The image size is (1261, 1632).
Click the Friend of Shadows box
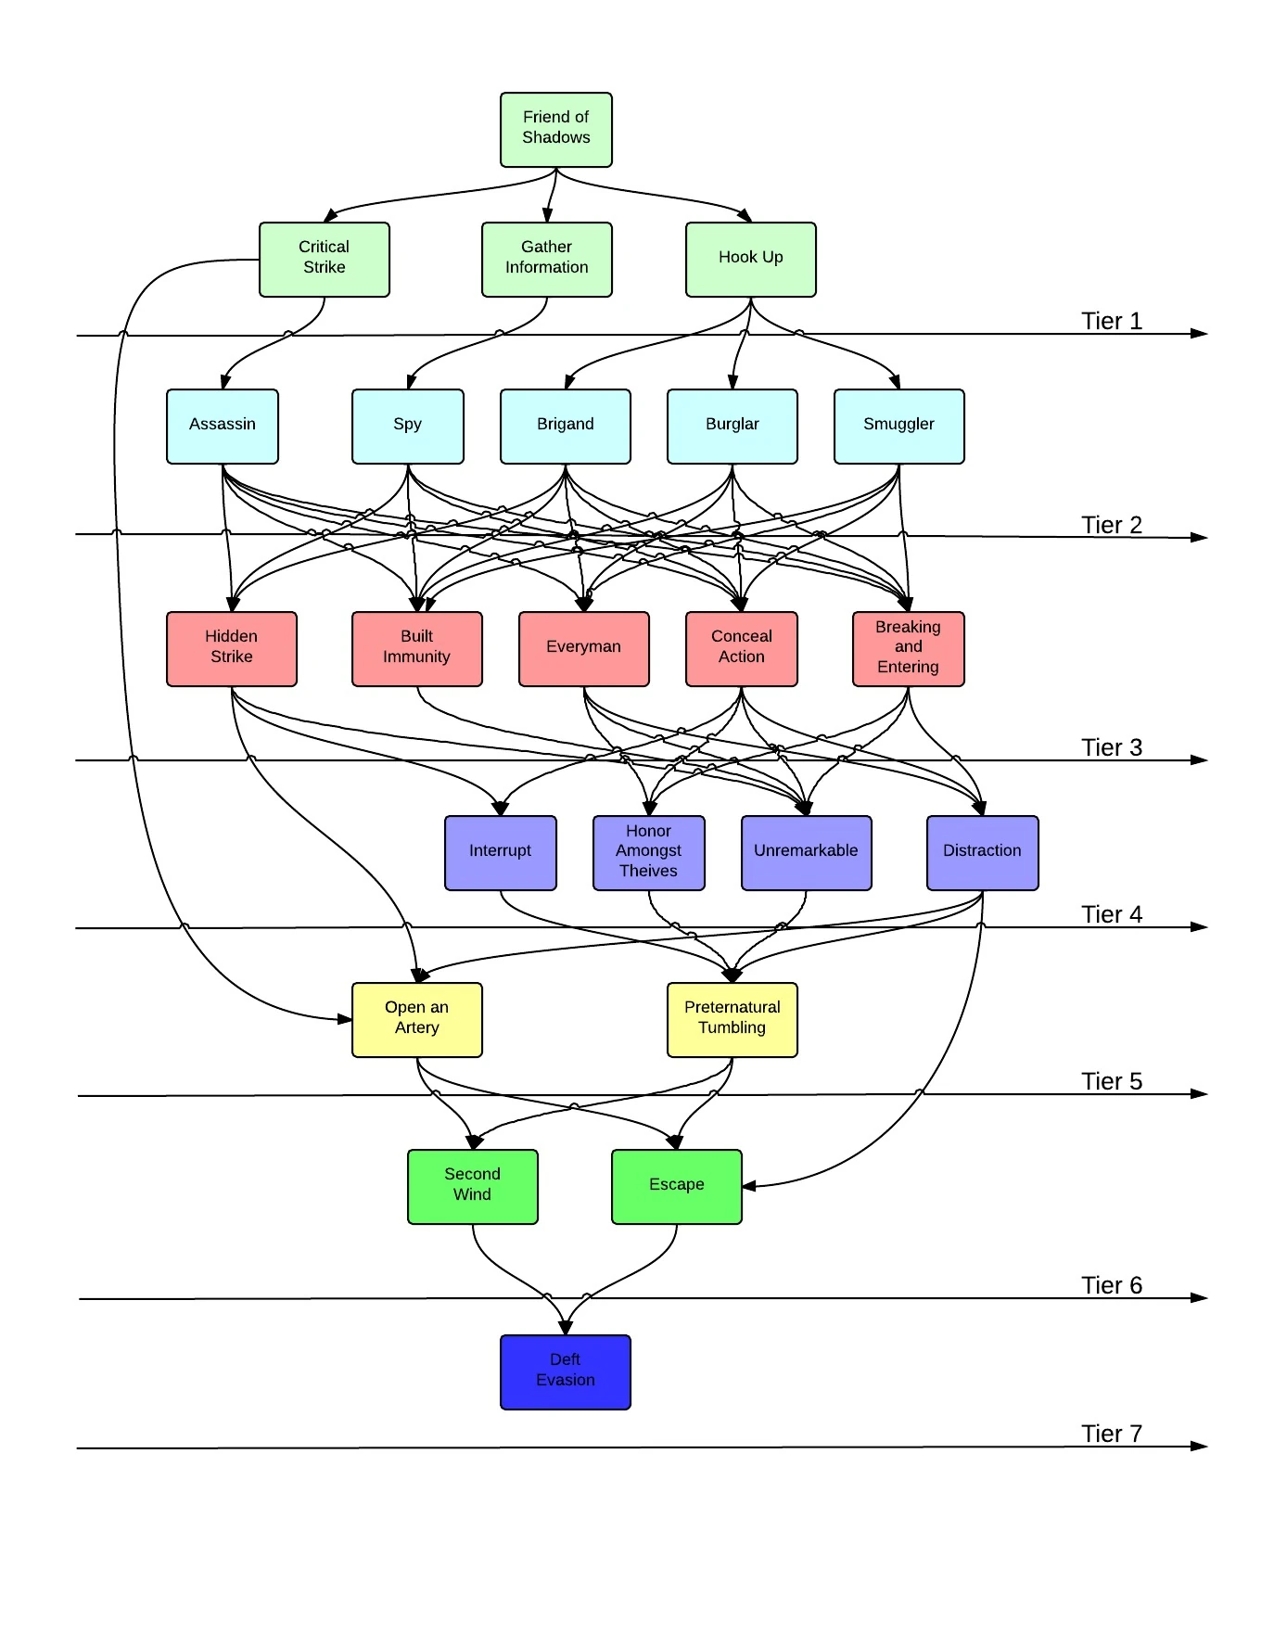[x=555, y=130]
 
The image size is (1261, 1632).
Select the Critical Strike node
[x=324, y=260]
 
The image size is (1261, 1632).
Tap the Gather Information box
[x=546, y=260]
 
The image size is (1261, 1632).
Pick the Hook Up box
[x=750, y=260]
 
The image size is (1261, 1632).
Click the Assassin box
[x=222, y=427]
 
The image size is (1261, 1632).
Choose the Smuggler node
[x=898, y=427]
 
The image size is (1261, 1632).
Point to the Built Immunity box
[x=416, y=649]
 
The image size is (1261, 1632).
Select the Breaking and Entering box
[x=908, y=649]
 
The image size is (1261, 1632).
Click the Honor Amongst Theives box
[x=648, y=853]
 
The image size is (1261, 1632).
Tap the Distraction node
[x=982, y=853]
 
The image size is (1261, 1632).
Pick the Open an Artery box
[x=416, y=1020]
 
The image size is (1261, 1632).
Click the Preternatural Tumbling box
[x=732, y=1020]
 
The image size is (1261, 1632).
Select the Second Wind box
[x=472, y=1187]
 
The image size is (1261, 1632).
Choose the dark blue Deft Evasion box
[x=565, y=1372]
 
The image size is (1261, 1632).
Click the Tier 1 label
[x=1111, y=321]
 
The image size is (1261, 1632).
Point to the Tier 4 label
[x=1111, y=914]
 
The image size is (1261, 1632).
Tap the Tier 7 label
[x=1111, y=1434]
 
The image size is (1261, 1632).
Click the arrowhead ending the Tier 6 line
[x=1200, y=1298]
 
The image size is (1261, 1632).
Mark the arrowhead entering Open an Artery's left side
[x=345, y=1019]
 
